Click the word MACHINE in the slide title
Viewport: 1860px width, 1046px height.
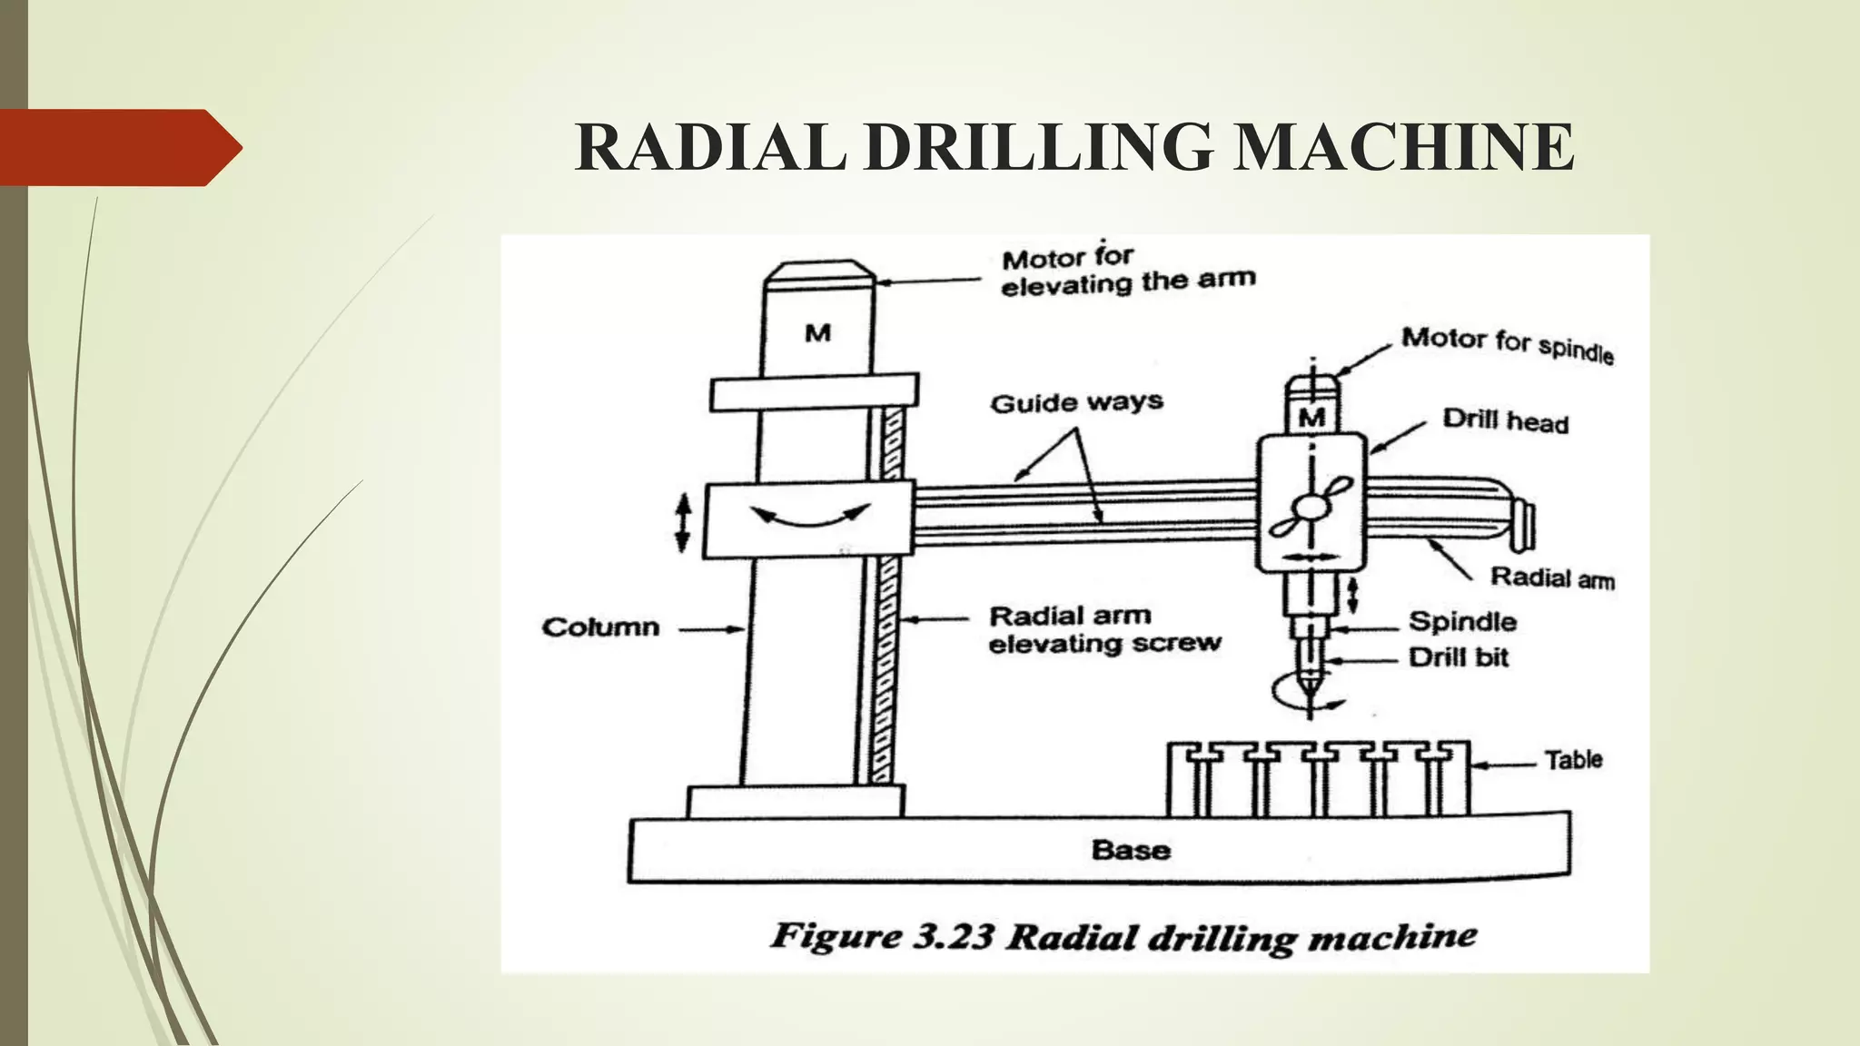coord(1403,147)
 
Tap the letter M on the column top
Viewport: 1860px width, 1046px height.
coord(817,333)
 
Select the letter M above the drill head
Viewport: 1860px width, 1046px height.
coord(1311,418)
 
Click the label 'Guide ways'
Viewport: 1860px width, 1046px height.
coord(1076,402)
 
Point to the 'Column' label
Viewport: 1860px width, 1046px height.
coord(600,627)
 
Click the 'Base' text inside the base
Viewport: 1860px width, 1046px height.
coord(1131,850)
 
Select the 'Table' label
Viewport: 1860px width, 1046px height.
coord(1573,760)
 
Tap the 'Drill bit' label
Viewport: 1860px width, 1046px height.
coord(1458,657)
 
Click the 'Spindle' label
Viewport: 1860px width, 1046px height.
coord(1462,622)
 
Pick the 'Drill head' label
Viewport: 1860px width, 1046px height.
coord(1505,421)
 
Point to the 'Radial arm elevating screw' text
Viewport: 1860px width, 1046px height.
coord(1103,629)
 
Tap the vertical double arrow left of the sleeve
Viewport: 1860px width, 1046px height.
coord(683,522)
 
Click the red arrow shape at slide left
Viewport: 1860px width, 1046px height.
coord(118,147)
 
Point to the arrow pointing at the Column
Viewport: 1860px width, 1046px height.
coord(712,628)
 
